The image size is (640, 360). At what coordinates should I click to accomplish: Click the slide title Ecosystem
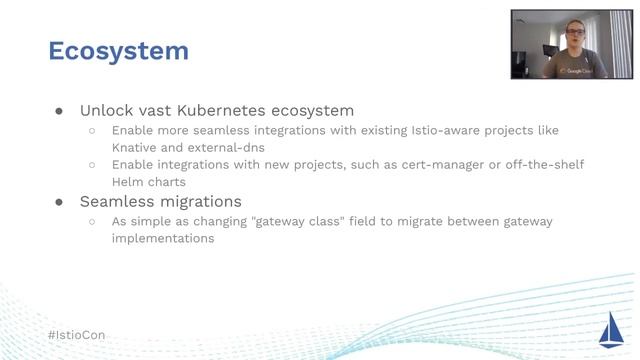point(118,51)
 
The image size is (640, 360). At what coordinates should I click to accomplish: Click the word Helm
point(129,182)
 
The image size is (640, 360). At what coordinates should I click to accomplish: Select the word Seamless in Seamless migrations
point(117,201)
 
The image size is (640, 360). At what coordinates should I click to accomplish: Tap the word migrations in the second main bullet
point(199,201)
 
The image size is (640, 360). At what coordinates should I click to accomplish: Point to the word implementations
point(163,239)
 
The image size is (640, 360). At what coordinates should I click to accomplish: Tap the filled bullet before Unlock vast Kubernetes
point(59,111)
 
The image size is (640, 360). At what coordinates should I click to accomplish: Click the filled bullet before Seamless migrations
point(59,202)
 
